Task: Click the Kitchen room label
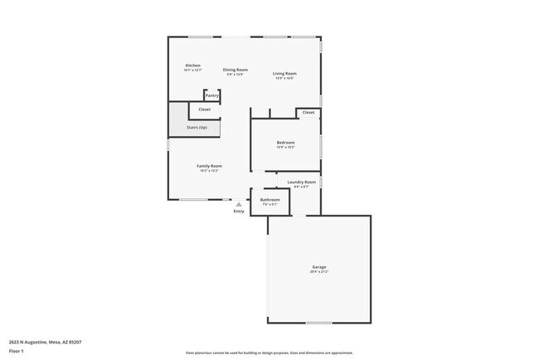coord(192,66)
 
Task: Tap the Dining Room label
coord(236,70)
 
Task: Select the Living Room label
coord(285,74)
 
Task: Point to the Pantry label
coord(212,95)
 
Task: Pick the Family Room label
coord(209,166)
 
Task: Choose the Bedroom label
coord(285,143)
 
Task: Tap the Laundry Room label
coord(301,182)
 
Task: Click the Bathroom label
coord(270,199)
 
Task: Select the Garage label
coord(319,267)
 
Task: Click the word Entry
coord(239,211)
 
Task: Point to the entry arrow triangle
coord(239,203)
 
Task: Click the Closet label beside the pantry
coord(204,109)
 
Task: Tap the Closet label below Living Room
coord(308,112)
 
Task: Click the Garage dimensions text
coord(319,272)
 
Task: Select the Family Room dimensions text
coord(209,171)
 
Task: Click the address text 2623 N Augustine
coord(45,342)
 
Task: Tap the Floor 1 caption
coord(15,351)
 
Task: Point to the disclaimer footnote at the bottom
coord(269,353)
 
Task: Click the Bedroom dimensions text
coord(285,148)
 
